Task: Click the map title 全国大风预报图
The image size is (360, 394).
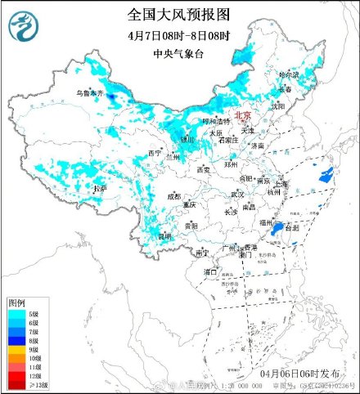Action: coord(179,15)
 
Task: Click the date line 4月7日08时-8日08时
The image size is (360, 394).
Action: coord(179,36)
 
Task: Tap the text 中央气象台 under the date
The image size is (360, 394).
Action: coord(179,55)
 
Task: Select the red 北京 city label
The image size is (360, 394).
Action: coord(244,116)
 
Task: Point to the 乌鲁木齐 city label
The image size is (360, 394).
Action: coord(90,95)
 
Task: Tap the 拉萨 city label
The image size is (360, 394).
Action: coord(100,189)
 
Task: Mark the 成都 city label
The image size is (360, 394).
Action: coord(174,196)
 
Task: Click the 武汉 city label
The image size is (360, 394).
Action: coord(237,195)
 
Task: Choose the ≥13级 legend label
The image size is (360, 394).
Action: coord(38,384)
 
